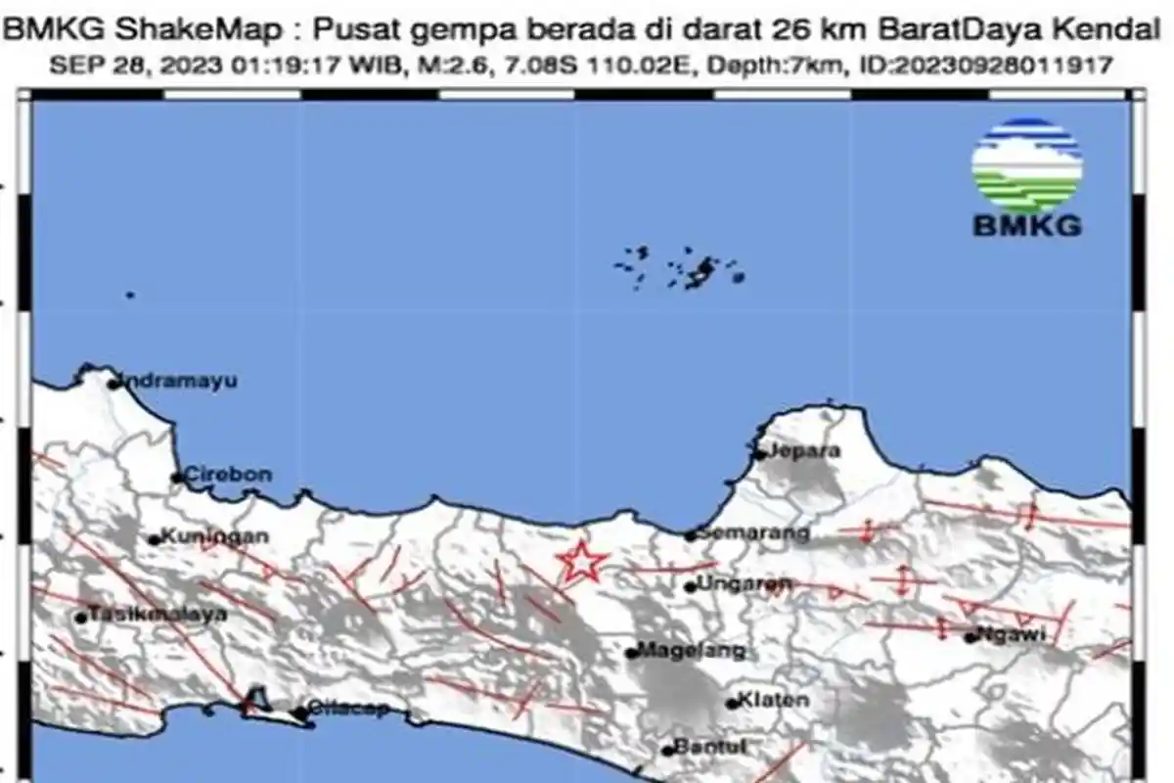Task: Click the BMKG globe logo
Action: tap(1027, 165)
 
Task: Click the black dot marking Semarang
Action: tap(690, 535)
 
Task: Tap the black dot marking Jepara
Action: tap(759, 454)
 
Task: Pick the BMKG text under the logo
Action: tap(1027, 227)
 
